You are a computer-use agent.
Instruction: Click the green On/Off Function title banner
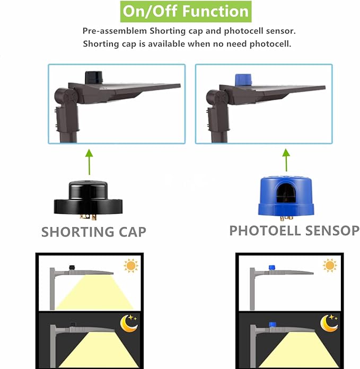point(186,12)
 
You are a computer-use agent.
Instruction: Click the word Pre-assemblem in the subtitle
point(115,31)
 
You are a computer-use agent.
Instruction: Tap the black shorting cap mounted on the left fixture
point(94,77)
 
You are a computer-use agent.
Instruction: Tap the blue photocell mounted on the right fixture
point(243,80)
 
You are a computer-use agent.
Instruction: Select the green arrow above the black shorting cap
point(89,162)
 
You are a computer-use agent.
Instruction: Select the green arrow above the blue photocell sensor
point(286,160)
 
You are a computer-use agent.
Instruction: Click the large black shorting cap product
point(88,200)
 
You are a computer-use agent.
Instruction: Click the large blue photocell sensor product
point(286,198)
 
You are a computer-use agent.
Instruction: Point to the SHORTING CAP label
point(94,232)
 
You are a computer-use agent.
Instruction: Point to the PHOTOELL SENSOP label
point(294,231)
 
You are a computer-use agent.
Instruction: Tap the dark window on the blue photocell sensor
point(286,193)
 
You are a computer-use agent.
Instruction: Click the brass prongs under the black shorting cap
point(88,217)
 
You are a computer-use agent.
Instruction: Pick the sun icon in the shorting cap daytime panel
point(131,266)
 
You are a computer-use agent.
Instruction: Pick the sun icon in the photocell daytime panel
point(330,266)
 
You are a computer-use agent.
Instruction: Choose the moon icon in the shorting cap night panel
point(129,323)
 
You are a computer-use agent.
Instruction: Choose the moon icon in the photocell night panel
point(329,323)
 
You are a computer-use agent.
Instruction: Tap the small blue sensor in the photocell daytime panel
point(272,268)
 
